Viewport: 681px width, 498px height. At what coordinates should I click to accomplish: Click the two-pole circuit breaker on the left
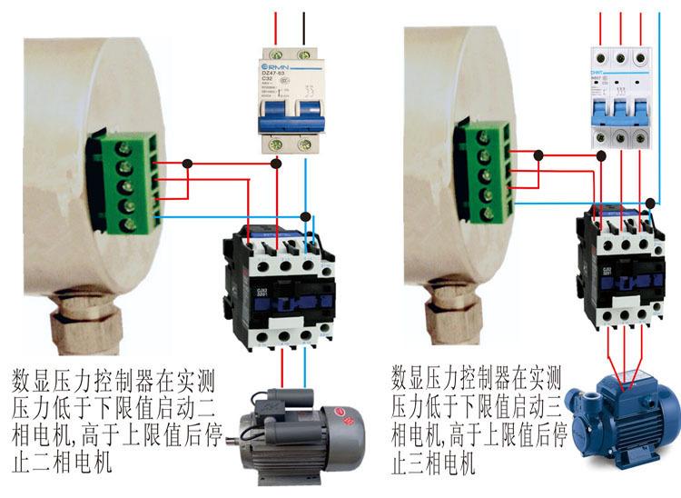291,100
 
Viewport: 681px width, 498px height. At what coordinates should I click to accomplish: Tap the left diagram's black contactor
280,288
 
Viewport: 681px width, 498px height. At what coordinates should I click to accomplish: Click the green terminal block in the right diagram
485,172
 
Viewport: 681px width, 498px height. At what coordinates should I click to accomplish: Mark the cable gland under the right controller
445,314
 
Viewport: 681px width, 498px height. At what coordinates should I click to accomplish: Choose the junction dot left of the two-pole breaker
187,164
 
